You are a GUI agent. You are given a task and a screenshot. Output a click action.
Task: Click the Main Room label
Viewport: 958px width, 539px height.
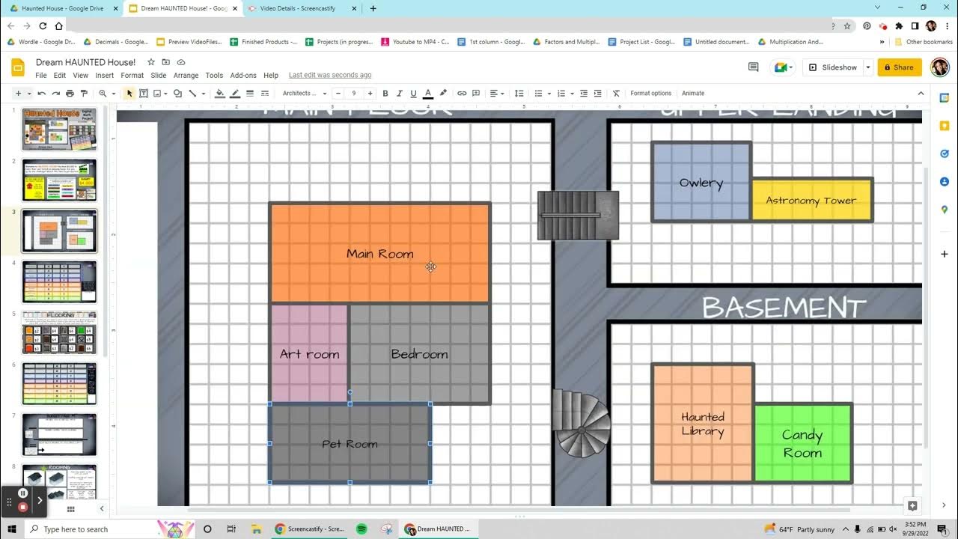pos(379,254)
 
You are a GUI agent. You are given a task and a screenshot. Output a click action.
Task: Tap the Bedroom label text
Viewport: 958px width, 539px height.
pos(419,354)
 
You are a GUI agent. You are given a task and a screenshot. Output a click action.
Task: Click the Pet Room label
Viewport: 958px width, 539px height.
pos(350,444)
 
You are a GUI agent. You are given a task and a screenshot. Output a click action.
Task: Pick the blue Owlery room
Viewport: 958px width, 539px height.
pos(701,182)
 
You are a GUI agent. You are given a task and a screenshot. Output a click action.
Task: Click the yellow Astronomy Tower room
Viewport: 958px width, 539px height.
pos(811,201)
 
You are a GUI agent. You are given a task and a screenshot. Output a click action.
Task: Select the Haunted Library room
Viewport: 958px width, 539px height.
pos(702,424)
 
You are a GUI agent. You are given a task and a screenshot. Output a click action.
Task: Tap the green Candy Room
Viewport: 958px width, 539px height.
pos(802,443)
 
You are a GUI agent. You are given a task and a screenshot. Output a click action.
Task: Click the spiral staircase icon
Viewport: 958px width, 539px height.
pos(582,424)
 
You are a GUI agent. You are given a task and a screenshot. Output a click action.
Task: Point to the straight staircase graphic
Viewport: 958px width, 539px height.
pos(578,216)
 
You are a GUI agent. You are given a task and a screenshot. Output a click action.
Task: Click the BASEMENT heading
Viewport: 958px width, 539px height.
pos(784,308)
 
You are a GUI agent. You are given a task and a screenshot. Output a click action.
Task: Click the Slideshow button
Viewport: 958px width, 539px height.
pos(832,67)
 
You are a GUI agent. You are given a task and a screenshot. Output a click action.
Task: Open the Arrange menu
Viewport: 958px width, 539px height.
pos(186,76)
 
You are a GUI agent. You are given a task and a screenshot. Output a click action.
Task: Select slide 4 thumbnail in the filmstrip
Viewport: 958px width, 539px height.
pos(59,281)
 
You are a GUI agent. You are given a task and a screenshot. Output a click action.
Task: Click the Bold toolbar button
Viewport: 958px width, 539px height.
pos(385,94)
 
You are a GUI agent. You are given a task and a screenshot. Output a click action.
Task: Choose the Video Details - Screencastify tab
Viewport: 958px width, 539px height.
pos(297,8)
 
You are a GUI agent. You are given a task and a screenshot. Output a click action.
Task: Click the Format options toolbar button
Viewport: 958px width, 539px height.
pos(650,94)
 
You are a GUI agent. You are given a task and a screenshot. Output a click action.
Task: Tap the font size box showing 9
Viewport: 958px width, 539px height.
pos(353,94)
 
